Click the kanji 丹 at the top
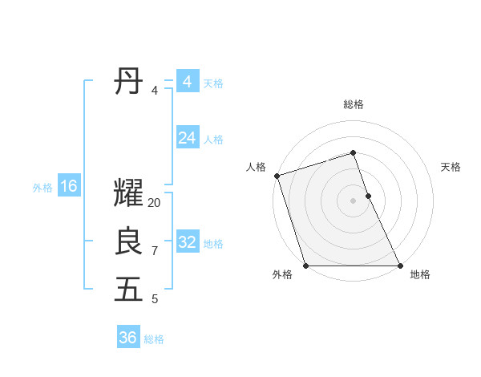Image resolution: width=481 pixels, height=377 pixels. [129, 82]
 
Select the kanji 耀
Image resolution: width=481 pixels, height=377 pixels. [129, 193]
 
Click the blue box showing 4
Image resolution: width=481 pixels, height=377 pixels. [187, 82]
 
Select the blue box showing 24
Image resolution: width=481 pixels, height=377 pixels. [187, 138]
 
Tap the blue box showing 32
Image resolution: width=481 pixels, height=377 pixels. [187, 242]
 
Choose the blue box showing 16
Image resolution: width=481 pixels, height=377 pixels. [69, 187]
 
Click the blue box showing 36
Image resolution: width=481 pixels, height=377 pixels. [128, 338]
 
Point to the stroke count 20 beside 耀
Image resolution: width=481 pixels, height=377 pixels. [155, 203]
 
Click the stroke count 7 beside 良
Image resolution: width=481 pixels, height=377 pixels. [155, 251]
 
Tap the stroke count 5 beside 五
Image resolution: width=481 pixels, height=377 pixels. [155, 299]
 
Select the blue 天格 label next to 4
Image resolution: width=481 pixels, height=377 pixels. [213, 83]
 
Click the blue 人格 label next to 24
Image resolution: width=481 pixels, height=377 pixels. [213, 139]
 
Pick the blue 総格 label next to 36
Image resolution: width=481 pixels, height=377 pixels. [154, 338]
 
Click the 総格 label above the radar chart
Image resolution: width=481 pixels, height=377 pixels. [354, 104]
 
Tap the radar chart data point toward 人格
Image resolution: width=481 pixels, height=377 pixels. [277, 176]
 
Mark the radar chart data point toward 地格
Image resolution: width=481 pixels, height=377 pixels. [400, 266]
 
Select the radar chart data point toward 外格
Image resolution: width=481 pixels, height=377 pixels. [306, 266]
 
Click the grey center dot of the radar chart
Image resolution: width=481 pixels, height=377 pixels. [354, 201]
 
